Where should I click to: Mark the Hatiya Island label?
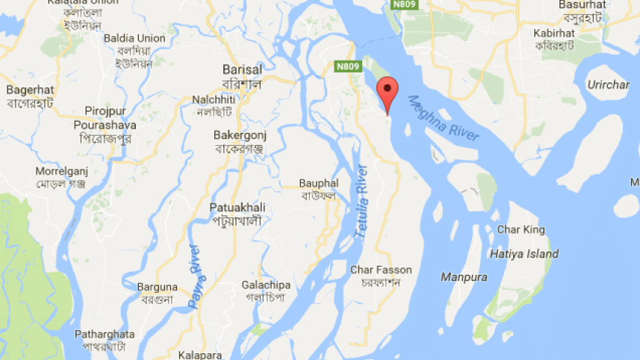click(x=524, y=254)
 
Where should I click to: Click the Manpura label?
click(x=463, y=277)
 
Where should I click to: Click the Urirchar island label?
click(x=608, y=85)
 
